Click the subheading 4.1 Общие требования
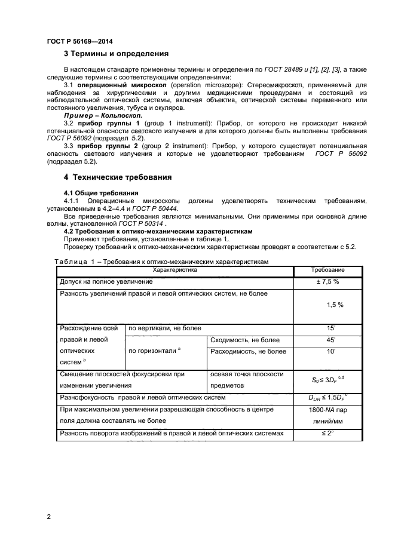pyautogui.click(x=100, y=193)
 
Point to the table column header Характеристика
pyautogui.click(x=174, y=271)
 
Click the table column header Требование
pyautogui.click(x=329, y=271)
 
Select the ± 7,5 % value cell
pyautogui.click(x=329, y=281)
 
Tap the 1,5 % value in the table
pyautogui.click(x=335, y=305)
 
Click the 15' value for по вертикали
pyautogui.click(x=330, y=328)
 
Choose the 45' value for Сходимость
pyautogui.click(x=330, y=340)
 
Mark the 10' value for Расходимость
pyautogui.click(x=330, y=352)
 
